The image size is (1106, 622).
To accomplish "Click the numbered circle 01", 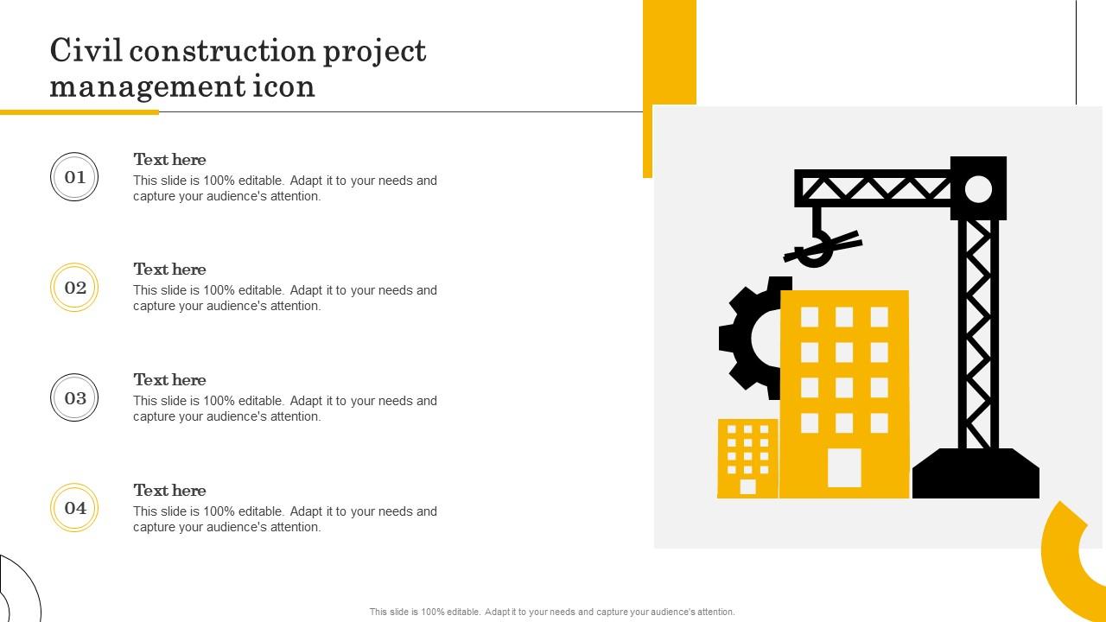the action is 74,177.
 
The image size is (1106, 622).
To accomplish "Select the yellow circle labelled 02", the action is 74,288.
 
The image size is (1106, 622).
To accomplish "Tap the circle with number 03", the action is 74,397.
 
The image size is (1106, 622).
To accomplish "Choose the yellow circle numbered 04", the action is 74,507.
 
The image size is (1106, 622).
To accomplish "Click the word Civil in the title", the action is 86,50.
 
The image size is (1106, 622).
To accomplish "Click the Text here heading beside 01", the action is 169,160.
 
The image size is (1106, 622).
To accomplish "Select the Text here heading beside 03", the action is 169,379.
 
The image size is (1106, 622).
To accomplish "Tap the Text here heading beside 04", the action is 169,490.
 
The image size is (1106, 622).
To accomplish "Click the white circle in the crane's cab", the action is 978,189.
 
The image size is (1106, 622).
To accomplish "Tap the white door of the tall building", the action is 844,467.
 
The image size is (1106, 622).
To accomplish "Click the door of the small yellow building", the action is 747,486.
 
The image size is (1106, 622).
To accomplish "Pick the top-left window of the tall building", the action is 810,317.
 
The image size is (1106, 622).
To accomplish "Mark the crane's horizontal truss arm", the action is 873,188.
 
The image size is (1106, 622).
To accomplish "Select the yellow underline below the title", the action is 79,112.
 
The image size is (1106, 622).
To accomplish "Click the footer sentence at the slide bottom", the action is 552,612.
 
